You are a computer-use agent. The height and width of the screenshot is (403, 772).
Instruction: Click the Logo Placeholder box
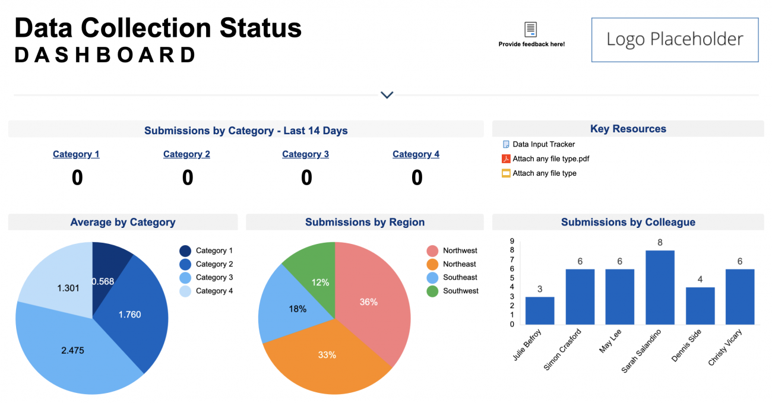[675, 40]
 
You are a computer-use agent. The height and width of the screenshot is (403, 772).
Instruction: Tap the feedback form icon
[531, 29]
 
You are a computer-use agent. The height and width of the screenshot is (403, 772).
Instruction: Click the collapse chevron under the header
[387, 95]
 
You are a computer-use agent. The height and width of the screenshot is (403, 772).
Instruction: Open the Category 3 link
[305, 154]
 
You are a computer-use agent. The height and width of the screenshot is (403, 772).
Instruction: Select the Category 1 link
[76, 154]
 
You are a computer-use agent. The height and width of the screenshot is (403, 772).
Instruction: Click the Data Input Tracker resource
[543, 144]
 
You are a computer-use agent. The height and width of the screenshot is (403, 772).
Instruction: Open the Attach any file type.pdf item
[550, 158]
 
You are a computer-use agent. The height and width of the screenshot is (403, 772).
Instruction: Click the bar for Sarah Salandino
[660, 287]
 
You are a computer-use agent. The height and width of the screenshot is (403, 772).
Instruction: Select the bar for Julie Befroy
[540, 310]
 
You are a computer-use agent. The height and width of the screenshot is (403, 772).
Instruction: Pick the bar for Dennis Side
[700, 306]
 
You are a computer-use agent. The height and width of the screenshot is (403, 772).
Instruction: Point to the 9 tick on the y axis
[512, 241]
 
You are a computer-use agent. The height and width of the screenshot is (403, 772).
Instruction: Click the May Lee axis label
[610, 342]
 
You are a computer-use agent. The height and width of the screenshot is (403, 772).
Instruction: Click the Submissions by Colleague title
[628, 223]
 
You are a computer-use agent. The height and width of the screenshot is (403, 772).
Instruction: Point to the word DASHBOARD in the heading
[105, 55]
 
